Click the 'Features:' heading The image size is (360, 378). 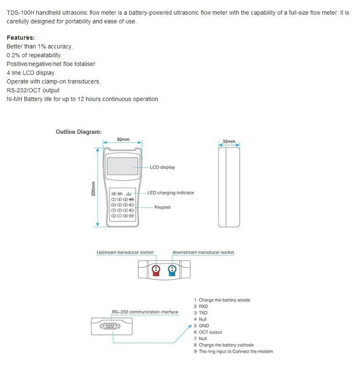[x=20, y=38]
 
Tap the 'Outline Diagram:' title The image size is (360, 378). [x=78, y=132]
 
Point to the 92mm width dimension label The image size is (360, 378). [x=123, y=140]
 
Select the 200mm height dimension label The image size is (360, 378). [x=94, y=188]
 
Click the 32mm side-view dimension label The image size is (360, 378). [x=229, y=142]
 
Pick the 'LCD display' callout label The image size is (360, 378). [x=162, y=167]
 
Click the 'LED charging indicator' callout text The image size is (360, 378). [x=171, y=193]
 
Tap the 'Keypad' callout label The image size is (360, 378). [x=162, y=207]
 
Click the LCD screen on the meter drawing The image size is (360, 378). [x=122, y=166]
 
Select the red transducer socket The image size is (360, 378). [x=157, y=270]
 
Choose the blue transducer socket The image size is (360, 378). [x=171, y=270]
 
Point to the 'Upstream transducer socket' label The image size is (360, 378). [x=125, y=253]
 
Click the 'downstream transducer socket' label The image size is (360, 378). [x=203, y=253]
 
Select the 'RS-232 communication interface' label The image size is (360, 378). [x=144, y=312]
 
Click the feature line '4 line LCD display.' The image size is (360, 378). [x=31, y=72]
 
